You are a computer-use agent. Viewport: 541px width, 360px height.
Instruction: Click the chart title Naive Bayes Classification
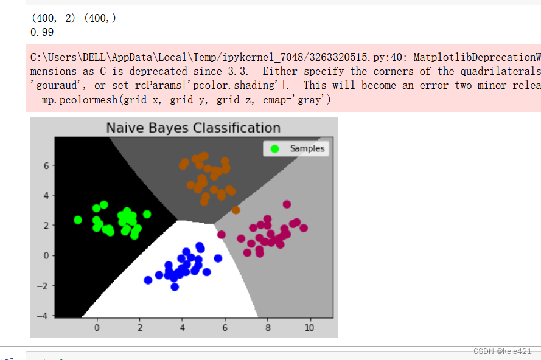tap(194, 128)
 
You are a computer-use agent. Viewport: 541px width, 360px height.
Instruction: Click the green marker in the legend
tap(274, 148)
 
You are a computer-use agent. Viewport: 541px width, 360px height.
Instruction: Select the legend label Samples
tap(307, 148)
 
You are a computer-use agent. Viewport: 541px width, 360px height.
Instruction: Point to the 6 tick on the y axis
tap(46, 166)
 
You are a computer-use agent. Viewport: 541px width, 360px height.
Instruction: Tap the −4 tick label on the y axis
tap(43, 316)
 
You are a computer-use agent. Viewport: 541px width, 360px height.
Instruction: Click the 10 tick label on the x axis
tap(309, 328)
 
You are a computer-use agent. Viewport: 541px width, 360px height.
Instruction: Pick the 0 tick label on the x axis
tap(97, 328)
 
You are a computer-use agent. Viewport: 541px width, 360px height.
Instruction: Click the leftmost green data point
tap(78, 220)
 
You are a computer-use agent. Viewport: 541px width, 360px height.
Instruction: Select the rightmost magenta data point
tap(304, 228)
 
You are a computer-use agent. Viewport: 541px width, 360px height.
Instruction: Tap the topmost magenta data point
tap(287, 204)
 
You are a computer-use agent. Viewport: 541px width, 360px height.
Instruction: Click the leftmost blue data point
tap(148, 280)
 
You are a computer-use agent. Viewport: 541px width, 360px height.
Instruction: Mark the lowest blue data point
tap(175, 287)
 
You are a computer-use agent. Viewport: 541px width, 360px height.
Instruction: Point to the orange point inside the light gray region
tap(236, 210)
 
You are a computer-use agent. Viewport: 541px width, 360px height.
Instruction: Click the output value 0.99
tap(42, 32)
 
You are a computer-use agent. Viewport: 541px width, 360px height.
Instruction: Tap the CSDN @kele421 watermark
tap(502, 351)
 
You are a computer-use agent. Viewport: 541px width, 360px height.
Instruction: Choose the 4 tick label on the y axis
tap(46, 196)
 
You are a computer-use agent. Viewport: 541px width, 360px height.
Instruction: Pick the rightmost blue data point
tap(218, 258)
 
